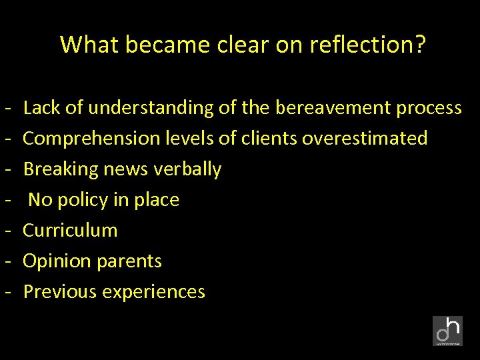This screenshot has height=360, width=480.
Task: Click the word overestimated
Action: tap(365, 138)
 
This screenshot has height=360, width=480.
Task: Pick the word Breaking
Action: tap(61, 169)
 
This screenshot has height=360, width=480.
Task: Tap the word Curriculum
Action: tap(70, 231)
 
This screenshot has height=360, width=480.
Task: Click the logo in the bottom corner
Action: tap(447, 331)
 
